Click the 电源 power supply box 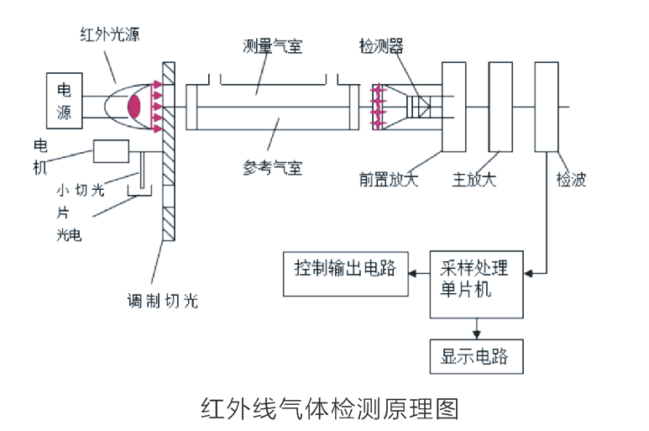(x=64, y=101)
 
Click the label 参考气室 (x=271, y=167)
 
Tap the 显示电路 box (x=474, y=356)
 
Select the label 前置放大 (x=389, y=180)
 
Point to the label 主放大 (x=474, y=180)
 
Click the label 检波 (x=571, y=180)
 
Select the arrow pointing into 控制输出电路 (x=414, y=271)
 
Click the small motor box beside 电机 (x=111, y=151)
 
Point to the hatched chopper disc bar (x=167, y=151)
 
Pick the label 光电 (x=69, y=234)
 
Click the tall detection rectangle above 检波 (x=547, y=107)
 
